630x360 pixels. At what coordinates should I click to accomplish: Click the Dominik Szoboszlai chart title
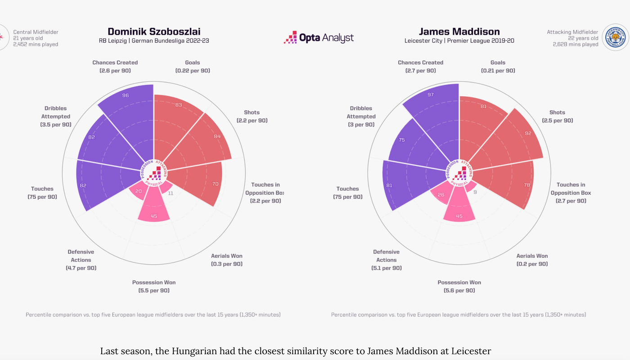coord(154,31)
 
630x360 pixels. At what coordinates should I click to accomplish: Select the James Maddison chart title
coord(459,31)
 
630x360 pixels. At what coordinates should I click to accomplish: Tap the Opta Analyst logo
coord(319,38)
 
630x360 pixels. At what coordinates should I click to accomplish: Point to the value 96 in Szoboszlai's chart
coord(126,95)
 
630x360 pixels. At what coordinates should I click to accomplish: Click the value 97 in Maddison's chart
coord(431,94)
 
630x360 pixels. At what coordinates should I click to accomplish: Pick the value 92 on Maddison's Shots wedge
coord(528,133)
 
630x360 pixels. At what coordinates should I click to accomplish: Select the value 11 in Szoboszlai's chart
coord(171,193)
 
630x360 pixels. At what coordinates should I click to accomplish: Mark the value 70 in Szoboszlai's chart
coord(216,184)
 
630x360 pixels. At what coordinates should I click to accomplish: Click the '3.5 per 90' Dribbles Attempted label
coord(56,125)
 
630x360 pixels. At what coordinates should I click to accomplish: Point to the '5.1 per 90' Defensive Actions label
coord(386,268)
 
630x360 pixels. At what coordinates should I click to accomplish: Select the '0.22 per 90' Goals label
coord(193,71)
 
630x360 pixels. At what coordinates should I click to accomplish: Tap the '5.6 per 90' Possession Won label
coord(459,291)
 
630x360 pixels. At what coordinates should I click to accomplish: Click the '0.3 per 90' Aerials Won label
coord(227,264)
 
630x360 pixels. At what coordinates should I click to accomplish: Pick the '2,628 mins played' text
coord(576,45)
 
